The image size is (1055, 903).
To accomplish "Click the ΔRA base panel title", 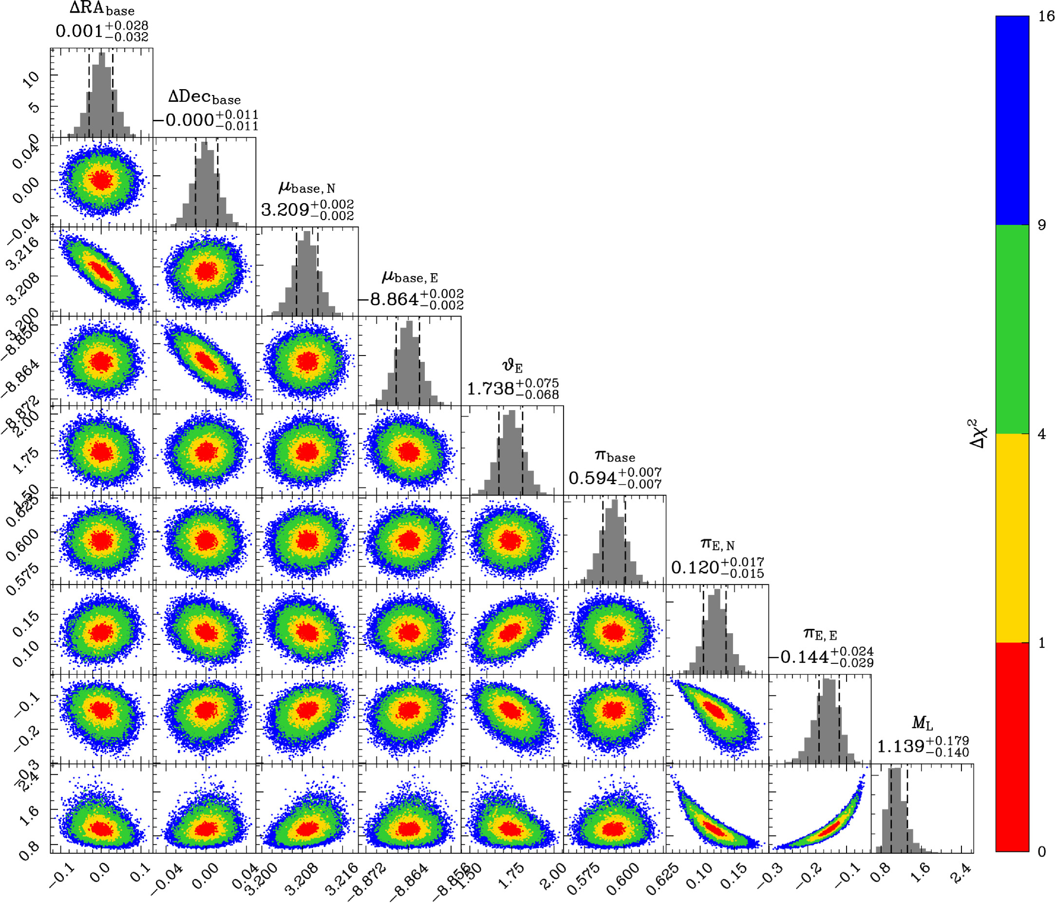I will [102, 9].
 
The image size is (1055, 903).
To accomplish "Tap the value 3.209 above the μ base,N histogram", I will [285, 210].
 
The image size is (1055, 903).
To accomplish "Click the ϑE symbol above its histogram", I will [512, 366].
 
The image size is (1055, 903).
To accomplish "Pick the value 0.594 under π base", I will [593, 478].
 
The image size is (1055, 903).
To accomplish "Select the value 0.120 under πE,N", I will [695, 567].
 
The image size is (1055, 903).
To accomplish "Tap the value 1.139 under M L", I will [900, 746].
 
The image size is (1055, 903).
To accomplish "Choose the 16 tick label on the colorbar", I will [1046, 16].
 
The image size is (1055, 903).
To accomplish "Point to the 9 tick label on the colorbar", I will [1042, 225].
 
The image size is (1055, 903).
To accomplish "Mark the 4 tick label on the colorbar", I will [1042, 433].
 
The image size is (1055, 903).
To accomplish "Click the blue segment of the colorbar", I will [1012, 120].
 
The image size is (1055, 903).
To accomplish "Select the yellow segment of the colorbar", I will [1012, 538].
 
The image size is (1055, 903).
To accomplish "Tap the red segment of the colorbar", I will [1012, 747].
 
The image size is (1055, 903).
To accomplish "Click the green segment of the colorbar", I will [1012, 329].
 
